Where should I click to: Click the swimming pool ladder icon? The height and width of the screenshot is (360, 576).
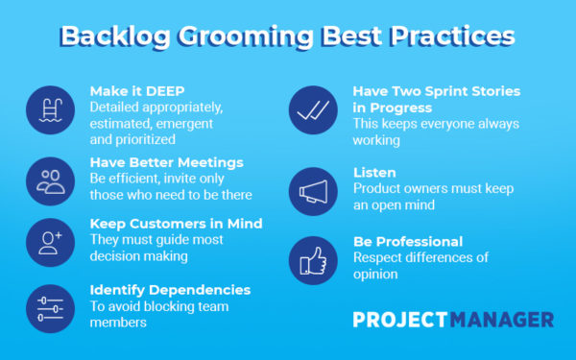49,110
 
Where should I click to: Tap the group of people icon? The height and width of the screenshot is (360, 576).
49,179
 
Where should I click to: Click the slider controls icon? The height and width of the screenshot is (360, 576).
49,307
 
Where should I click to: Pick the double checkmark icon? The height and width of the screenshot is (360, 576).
313,111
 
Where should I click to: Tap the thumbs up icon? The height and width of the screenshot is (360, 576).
313,259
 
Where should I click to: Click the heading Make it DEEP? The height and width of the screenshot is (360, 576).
138,90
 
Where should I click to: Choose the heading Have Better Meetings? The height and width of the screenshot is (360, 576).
165,161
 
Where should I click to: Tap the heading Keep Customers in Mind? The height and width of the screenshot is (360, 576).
176,224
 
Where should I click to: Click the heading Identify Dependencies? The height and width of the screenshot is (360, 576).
170,289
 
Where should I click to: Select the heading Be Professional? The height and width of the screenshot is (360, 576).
408,242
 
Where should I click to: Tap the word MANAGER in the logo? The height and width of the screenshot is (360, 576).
504,319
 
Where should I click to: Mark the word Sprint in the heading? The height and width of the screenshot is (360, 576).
450,90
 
